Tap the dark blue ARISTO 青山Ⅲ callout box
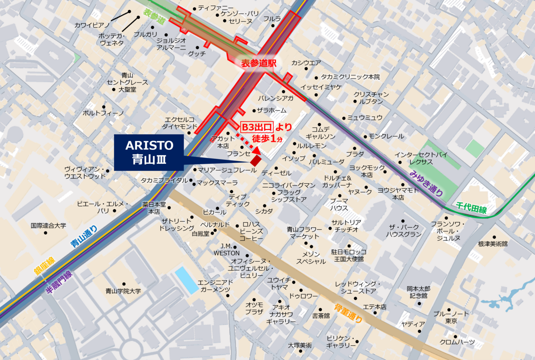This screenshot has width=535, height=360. pos(149,152)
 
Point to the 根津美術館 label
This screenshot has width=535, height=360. pos(493,244)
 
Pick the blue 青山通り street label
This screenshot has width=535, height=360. pos(84,236)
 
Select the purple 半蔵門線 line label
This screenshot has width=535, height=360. pos(59,282)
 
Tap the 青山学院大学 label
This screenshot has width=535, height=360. pos(123,291)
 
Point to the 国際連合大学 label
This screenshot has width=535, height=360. pos(48,226)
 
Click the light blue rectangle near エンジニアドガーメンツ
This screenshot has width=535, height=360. pos(187,280)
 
